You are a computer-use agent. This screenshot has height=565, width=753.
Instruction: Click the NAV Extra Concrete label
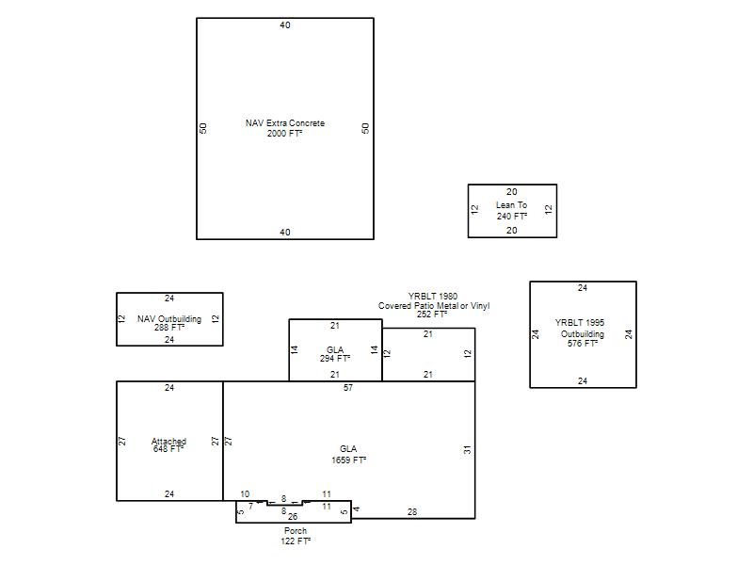click(x=285, y=123)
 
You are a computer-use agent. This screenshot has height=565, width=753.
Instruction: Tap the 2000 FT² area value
click(x=285, y=133)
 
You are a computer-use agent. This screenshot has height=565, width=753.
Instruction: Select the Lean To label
click(x=511, y=204)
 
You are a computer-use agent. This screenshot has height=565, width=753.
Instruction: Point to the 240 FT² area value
click(x=512, y=217)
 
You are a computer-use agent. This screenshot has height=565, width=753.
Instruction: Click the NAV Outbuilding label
click(x=169, y=318)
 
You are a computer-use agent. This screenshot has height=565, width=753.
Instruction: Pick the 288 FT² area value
click(x=169, y=328)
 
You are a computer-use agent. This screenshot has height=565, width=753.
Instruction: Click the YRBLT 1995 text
click(x=580, y=322)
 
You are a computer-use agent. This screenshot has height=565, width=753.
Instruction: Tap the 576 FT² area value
click(x=582, y=344)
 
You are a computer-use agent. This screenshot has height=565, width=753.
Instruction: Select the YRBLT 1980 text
click(x=433, y=296)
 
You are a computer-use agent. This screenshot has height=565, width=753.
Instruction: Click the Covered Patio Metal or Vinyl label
click(x=434, y=305)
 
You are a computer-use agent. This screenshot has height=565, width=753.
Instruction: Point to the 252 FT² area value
click(x=432, y=315)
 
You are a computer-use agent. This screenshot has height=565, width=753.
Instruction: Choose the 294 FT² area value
click(x=335, y=359)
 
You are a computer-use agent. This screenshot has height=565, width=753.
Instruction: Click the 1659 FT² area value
click(x=348, y=460)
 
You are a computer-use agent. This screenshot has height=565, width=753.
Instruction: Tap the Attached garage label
click(x=168, y=441)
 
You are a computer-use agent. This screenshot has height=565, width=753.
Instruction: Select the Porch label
click(x=296, y=531)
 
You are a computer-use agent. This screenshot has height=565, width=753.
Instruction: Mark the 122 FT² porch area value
click(x=296, y=541)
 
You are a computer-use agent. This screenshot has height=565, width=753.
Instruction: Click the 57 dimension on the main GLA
click(x=348, y=388)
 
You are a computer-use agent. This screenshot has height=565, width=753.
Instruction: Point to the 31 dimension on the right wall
click(x=467, y=450)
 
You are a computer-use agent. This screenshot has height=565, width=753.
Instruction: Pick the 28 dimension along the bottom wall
click(x=412, y=512)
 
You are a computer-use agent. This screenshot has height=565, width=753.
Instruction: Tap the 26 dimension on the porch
click(x=293, y=517)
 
